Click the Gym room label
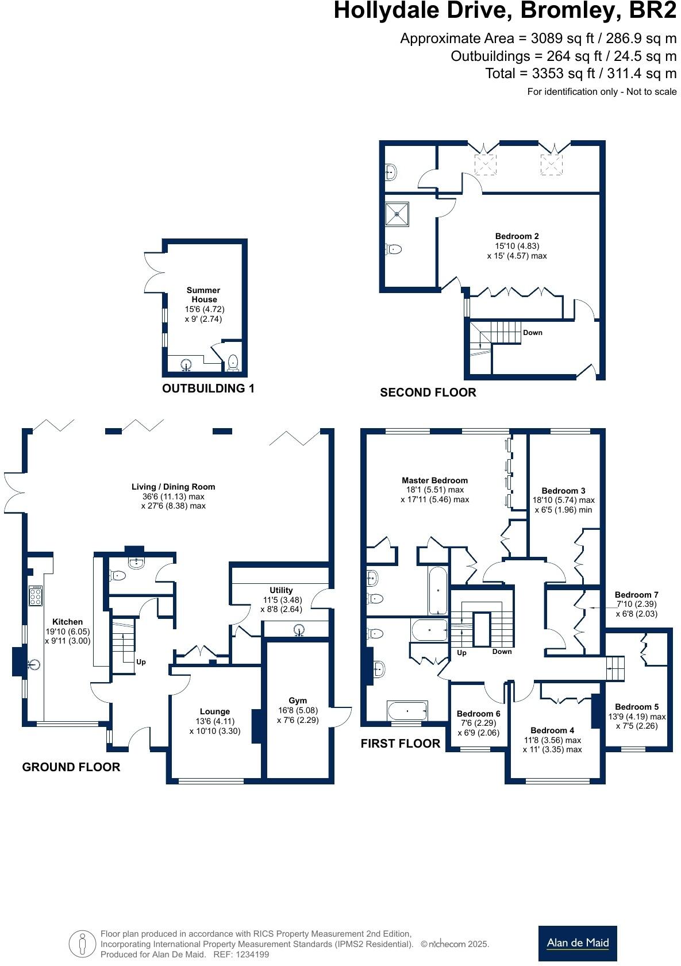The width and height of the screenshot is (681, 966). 298,701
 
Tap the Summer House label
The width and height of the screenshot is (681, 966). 204,295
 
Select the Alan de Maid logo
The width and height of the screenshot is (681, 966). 578,943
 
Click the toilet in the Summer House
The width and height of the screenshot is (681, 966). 233,362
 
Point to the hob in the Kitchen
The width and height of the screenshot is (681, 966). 36,596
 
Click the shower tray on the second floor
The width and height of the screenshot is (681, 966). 397,213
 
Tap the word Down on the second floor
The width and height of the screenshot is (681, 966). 532,333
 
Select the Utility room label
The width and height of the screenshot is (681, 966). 281,590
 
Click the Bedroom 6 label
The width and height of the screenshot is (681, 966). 478,714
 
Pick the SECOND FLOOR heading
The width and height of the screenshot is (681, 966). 428,392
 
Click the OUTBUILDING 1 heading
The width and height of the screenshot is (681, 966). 208,388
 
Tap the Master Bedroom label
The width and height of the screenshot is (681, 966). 434,480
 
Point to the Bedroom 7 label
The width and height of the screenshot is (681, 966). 636,595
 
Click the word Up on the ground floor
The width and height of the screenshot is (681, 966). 141,662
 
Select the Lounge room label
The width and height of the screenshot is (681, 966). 215,711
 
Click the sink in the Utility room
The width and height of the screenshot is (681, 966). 299,631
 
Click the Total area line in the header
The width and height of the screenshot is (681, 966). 580,74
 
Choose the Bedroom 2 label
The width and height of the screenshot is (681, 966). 517,236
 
